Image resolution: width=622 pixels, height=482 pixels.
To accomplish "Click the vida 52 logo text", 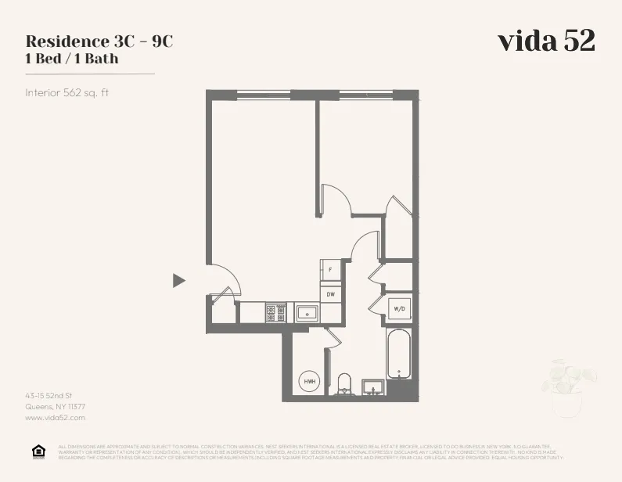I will coord(546,41).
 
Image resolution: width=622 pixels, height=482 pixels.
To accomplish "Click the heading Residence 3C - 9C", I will coord(99,41).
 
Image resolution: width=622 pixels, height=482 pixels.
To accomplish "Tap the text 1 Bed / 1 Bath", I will coord(72,58).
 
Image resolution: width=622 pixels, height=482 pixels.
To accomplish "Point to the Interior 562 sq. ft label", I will coord(67,92).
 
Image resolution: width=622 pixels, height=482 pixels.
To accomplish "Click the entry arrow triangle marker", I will coord(179,280).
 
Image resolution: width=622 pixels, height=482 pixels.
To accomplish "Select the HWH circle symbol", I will coord(310,382).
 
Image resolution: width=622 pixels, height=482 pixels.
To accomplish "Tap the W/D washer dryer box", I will coord(399,309).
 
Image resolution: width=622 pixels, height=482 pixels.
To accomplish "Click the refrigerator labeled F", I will coord(330,270).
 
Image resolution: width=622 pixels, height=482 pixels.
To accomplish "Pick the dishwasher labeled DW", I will coord(330,293).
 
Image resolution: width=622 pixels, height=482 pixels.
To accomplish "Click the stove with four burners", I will coord(275,313).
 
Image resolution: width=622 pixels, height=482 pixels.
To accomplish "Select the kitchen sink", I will coord(306,314).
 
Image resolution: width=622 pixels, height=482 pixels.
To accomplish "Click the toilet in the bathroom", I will coord(344,383).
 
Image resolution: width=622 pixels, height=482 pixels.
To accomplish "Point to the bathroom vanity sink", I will coord(374,387).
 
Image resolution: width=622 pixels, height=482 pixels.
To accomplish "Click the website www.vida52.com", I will coord(55,419).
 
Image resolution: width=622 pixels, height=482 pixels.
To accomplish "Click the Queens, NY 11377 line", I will coord(56,407).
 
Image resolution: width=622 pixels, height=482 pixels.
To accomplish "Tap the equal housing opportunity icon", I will coord(38,451).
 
